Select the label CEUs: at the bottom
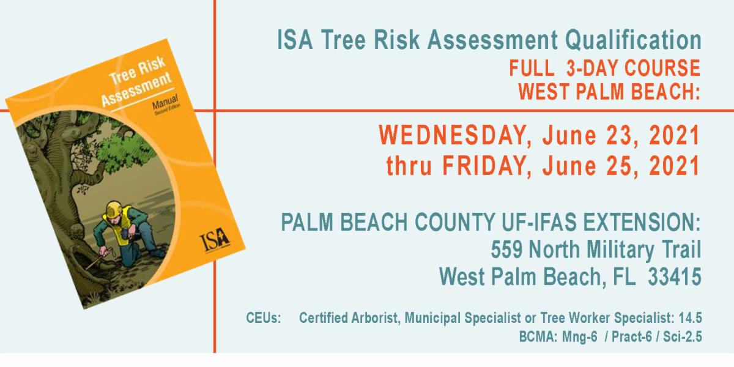click(x=264, y=319)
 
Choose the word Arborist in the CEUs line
click(x=372, y=319)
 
